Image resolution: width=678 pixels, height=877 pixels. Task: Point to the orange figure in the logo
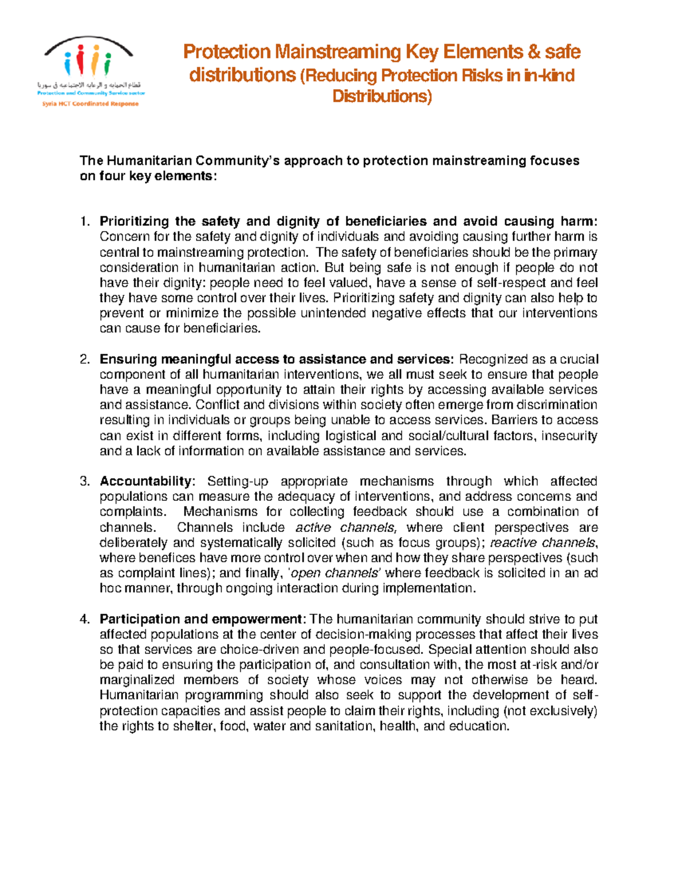coord(95,60)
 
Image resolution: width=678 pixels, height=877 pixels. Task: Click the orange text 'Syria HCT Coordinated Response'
coord(90,104)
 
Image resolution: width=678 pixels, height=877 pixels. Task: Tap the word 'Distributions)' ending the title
coord(382,97)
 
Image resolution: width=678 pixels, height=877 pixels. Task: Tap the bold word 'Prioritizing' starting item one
coord(134,221)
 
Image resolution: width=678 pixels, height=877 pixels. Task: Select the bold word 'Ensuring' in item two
coord(128,360)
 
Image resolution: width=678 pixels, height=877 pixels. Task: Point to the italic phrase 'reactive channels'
coord(542,543)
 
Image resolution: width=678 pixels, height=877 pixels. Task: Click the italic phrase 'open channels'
coord(333,574)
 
